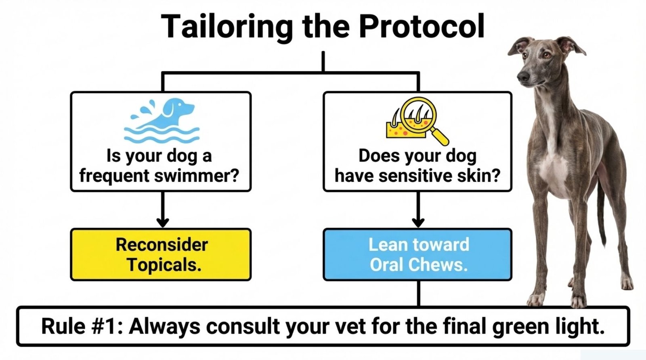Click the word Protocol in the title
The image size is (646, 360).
pyautogui.click(x=422, y=26)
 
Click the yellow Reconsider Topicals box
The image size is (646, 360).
pyautogui.click(x=161, y=254)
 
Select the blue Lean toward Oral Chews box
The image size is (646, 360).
pyautogui.click(x=417, y=254)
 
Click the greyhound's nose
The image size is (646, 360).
pyautogui.click(x=523, y=76)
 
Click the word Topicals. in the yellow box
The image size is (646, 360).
pyautogui.click(x=164, y=265)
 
